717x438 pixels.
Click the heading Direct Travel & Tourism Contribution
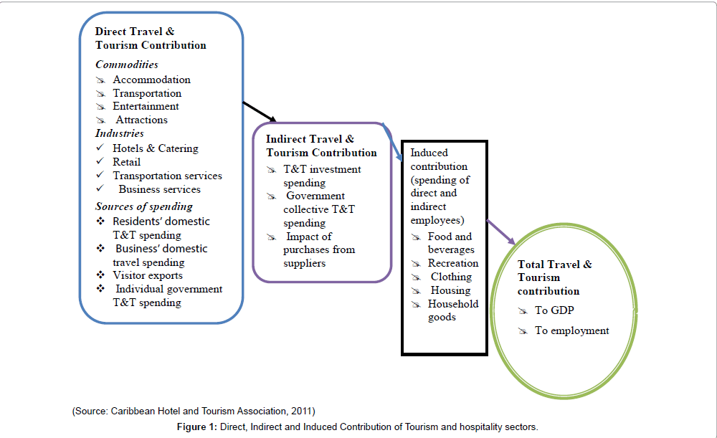[x=151, y=38]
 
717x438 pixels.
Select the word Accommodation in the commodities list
[x=151, y=80]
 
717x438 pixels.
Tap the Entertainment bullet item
[x=146, y=106]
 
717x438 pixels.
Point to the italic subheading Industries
[x=120, y=133]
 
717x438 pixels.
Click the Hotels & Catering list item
[x=155, y=148]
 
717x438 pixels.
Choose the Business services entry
[x=159, y=189]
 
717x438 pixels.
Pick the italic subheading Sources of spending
[x=144, y=206]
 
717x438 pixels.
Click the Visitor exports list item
[x=147, y=275]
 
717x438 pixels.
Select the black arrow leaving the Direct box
[x=259, y=111]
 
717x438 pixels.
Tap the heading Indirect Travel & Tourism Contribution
[x=321, y=146]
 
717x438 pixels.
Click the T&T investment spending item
[x=322, y=176]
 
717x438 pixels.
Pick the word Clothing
[x=451, y=277]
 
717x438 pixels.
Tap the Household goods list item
[x=452, y=310]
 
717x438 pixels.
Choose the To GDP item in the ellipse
[x=551, y=310]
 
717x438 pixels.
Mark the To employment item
[x=571, y=330]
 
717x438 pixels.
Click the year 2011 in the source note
[x=302, y=411]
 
